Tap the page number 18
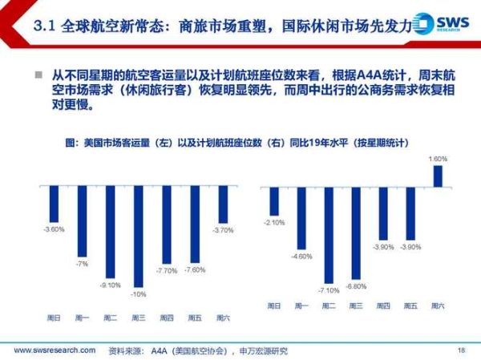pos(460,350)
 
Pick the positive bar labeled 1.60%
pos(438,176)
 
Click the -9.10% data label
pos(110,284)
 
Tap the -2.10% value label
pos(273,222)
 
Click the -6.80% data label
pos(356,285)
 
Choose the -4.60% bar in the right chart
pos(301,217)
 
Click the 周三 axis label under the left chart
pos(139,318)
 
